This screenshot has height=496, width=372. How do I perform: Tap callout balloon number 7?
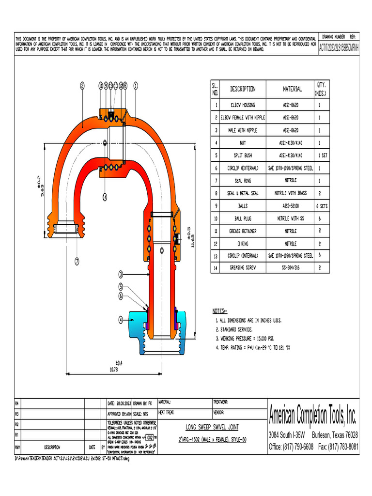pos(77,262)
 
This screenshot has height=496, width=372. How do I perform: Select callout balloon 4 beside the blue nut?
pos(121,320)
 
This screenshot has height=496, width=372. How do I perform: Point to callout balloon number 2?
pos(83,85)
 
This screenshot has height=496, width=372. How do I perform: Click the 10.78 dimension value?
pos(114,370)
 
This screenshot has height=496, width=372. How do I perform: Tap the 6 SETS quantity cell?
pos(322,205)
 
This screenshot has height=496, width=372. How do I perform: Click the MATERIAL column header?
pos(292,89)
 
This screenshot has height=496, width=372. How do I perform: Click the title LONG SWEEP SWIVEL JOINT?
pos(212,427)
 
